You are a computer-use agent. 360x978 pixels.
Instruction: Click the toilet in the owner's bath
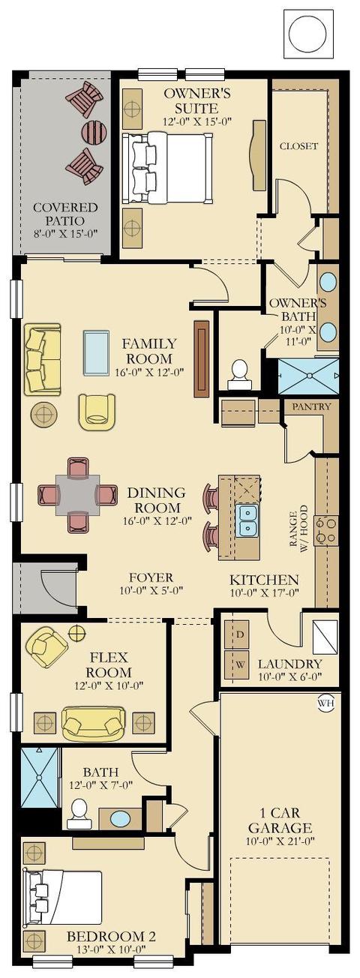click(239, 373)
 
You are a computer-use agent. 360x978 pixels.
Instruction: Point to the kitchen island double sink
click(247, 520)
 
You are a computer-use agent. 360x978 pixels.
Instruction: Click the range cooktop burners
click(326, 530)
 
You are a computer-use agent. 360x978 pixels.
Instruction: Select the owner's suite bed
click(167, 168)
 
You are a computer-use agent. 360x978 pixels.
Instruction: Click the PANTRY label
click(311, 406)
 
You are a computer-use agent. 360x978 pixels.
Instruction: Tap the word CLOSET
click(299, 145)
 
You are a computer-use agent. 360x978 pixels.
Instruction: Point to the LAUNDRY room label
click(289, 664)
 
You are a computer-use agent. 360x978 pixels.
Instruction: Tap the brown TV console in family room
click(202, 359)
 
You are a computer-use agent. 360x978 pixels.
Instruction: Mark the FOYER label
click(151, 577)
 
